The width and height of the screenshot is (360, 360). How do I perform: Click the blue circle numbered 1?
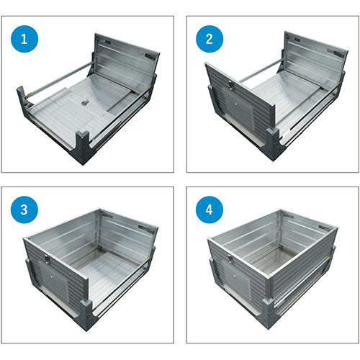(x=24, y=39)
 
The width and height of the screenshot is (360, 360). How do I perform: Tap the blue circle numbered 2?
(x=210, y=39)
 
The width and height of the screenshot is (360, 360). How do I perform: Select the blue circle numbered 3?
(x=24, y=210)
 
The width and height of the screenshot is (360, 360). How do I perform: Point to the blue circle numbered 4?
(x=210, y=210)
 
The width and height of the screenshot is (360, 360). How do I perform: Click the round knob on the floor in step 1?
(x=84, y=103)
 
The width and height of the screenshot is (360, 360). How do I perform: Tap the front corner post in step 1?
(x=83, y=147)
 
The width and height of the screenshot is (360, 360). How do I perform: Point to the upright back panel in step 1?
(x=127, y=59)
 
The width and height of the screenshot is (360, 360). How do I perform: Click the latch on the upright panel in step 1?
(x=150, y=57)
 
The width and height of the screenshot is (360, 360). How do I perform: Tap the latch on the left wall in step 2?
(x=230, y=84)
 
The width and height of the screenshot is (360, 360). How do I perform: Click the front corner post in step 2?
(x=273, y=144)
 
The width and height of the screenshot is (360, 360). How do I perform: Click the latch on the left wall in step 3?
(x=47, y=260)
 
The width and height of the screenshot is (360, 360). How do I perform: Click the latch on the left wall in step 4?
(x=230, y=259)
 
